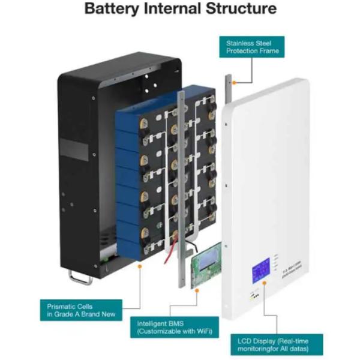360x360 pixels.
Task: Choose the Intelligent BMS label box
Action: coord(175,327)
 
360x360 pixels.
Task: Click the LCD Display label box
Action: coord(277,344)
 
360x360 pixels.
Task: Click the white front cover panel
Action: coord(270,180)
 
